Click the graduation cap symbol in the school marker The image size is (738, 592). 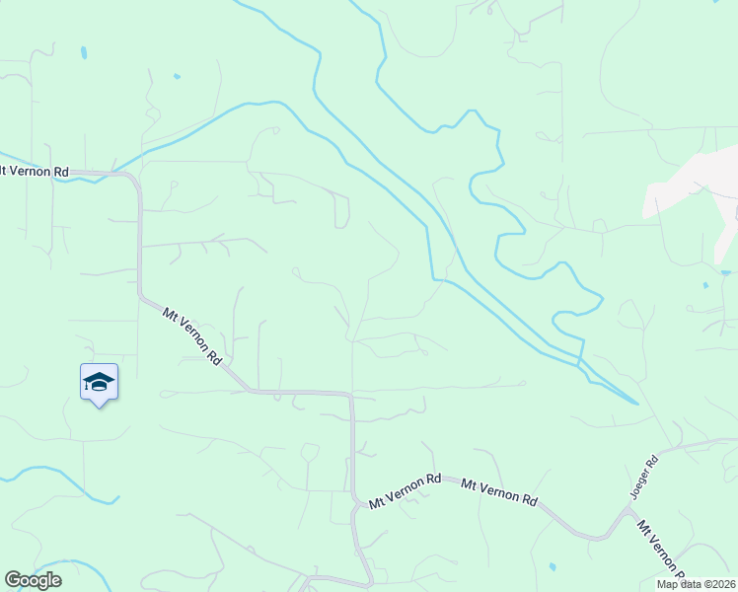pos(99,381)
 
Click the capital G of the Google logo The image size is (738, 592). pos(14,581)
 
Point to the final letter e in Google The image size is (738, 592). pos(55,581)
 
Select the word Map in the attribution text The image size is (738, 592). pos(668,584)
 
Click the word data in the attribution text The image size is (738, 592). pos(690,584)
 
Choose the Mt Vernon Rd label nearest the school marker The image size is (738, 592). pos(191,336)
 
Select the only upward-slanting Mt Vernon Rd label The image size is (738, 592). pos(405,490)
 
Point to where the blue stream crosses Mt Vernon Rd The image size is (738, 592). pos(111,172)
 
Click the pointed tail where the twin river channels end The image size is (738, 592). pos(637,403)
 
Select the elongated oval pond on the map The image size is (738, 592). pos(83,51)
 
